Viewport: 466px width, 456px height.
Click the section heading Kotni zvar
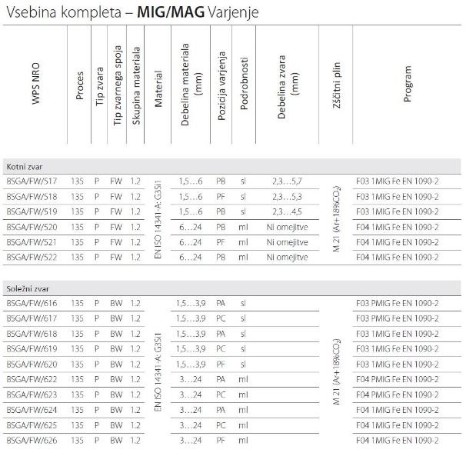pos(22,165)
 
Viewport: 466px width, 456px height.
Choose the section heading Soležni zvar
pos(25,288)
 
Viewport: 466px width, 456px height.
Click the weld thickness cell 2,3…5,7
pos(288,181)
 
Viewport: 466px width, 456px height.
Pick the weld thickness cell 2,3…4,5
pos(288,211)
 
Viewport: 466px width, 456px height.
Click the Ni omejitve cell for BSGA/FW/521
pos(288,241)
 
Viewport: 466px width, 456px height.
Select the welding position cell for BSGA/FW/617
pos(221,318)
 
